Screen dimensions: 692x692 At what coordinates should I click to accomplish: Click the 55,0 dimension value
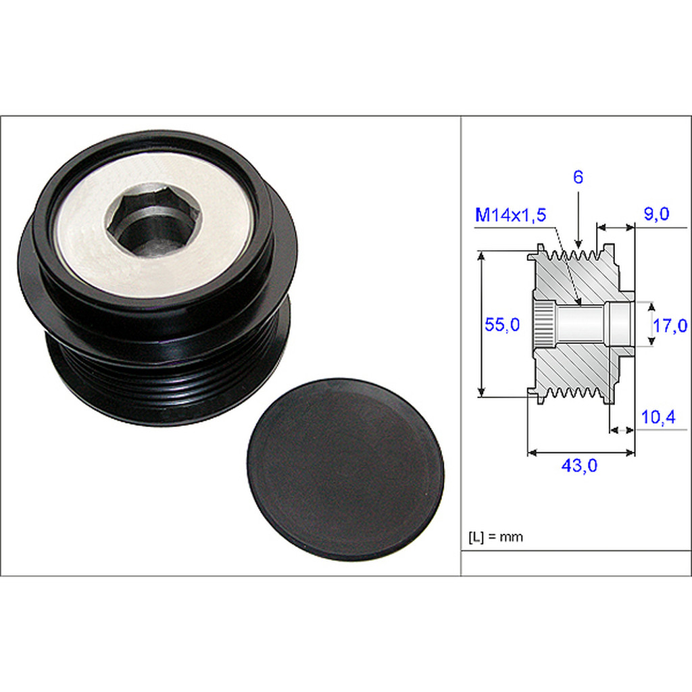[502, 324]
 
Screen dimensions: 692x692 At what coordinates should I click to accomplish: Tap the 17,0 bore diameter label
[669, 326]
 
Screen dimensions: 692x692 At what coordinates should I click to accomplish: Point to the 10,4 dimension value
[658, 418]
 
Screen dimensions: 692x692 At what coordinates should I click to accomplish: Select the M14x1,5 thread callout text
[511, 215]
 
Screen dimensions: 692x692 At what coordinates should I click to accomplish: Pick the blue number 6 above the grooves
[578, 178]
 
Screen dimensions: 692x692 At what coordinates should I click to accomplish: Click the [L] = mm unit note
[495, 537]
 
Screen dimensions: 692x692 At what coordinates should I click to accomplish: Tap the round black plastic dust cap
[345, 468]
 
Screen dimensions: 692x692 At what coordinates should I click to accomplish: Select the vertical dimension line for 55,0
[481, 324]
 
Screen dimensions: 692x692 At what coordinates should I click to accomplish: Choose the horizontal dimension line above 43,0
[580, 452]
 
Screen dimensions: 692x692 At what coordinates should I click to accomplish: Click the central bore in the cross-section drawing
[581, 324]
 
